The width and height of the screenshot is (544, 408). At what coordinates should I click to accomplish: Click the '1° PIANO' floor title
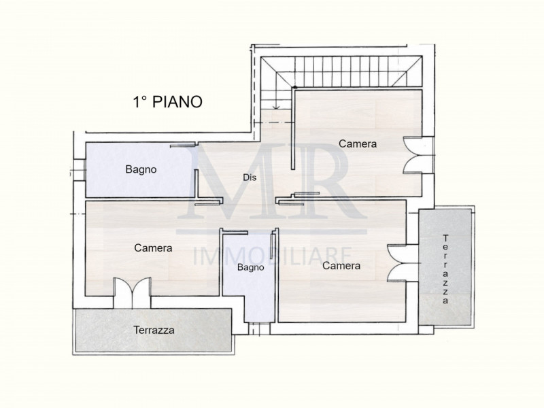click(167, 102)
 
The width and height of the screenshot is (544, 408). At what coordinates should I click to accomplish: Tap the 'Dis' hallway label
click(250, 177)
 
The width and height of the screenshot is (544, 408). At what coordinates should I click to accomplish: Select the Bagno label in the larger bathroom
click(141, 169)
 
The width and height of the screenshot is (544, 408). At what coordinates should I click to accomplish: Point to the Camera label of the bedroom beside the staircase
click(358, 144)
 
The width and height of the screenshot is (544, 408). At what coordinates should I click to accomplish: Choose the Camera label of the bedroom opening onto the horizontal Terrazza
click(153, 248)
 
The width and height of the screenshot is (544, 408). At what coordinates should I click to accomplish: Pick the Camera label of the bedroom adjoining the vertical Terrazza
click(341, 266)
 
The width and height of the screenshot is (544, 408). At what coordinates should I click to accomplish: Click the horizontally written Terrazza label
click(153, 330)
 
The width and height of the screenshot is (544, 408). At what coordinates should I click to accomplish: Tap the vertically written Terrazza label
click(446, 268)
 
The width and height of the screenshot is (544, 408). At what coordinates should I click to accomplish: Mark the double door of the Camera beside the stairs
click(413, 156)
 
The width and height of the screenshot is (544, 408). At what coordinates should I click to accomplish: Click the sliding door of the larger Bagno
click(183, 145)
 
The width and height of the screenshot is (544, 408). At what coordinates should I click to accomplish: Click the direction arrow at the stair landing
click(275, 106)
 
